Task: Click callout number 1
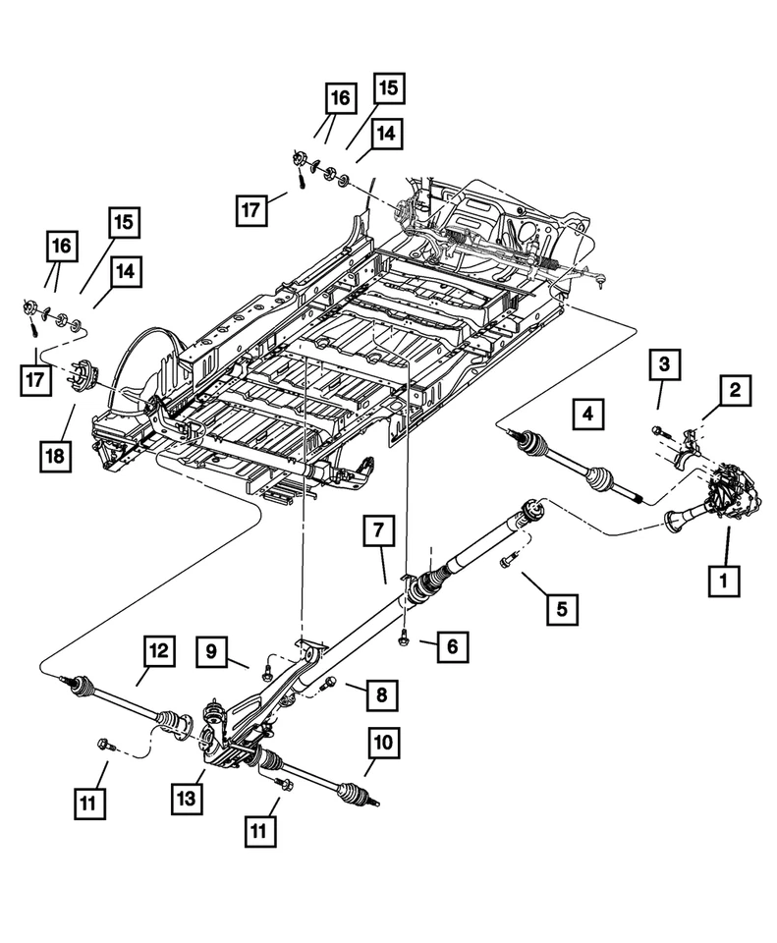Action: coord(725,580)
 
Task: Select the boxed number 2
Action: coord(734,390)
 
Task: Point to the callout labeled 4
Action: coord(586,414)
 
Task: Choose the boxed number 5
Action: coord(562,609)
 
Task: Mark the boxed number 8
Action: coord(382,694)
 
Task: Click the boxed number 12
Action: coord(159,650)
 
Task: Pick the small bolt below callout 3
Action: coord(657,429)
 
